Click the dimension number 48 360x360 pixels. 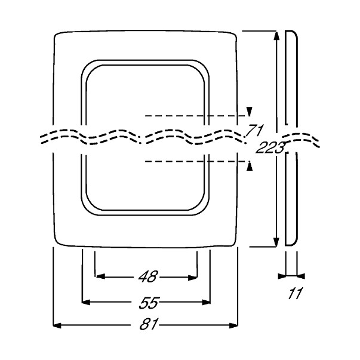click(x=148, y=276)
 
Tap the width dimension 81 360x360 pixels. click(x=149, y=324)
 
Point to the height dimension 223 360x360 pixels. click(x=270, y=147)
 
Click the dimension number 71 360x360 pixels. click(x=254, y=130)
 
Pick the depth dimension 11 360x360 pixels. click(x=295, y=293)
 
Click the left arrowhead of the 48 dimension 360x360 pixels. click(x=100, y=276)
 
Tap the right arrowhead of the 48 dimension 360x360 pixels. click(x=192, y=278)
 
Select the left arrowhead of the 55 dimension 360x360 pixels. click(x=86, y=302)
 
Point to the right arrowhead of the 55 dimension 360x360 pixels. click(x=207, y=302)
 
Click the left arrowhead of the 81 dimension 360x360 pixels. click(x=57, y=325)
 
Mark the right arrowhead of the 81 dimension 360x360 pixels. click(x=233, y=325)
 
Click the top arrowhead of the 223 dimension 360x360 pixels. click(x=276, y=36)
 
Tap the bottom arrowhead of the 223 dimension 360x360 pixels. click(x=276, y=242)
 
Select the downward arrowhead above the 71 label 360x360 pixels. click(x=250, y=112)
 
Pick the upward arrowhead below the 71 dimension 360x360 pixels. click(x=250, y=166)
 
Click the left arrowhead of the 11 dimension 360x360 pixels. click(x=282, y=276)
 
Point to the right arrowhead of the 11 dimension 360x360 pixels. click(x=301, y=276)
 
